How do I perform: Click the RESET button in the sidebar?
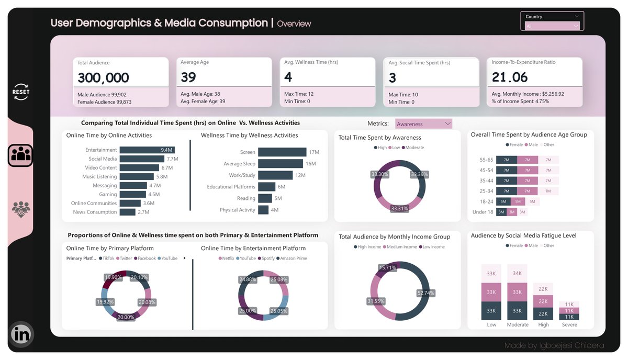click(21, 92)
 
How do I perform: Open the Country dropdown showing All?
click(553, 26)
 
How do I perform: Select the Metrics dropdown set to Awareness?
click(423, 124)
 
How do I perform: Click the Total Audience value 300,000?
click(104, 77)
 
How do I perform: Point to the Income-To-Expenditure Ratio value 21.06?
click(510, 77)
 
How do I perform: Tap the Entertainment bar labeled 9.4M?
click(147, 150)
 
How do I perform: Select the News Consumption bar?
click(127, 212)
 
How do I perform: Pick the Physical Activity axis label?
click(238, 210)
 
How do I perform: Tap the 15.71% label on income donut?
click(388, 267)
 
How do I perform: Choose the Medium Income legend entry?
click(401, 247)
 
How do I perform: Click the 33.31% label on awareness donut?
click(400, 208)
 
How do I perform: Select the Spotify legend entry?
click(267, 258)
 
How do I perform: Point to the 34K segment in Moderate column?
click(517, 273)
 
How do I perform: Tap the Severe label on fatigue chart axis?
click(569, 324)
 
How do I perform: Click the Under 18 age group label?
click(483, 212)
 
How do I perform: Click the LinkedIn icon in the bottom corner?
click(21, 333)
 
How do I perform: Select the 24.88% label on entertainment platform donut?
click(247, 279)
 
